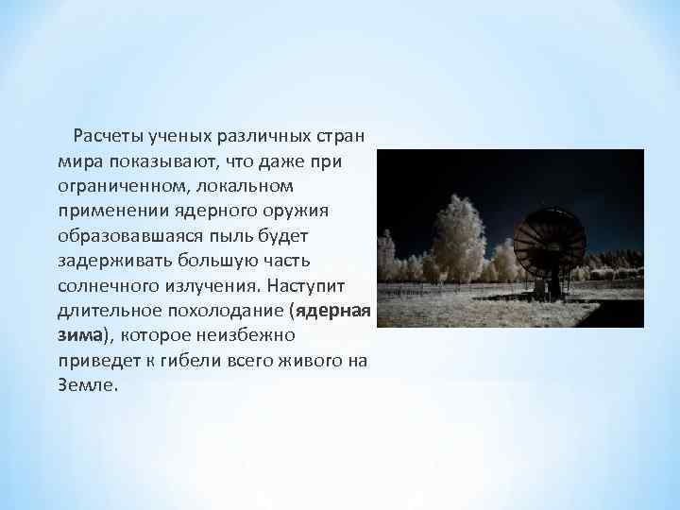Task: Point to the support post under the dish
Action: tap(553, 283)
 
